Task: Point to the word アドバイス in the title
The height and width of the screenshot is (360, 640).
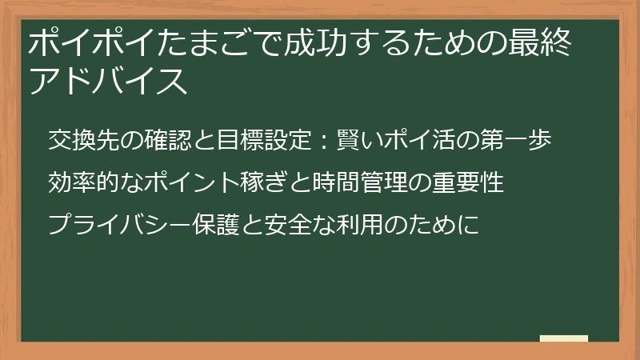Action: point(109,81)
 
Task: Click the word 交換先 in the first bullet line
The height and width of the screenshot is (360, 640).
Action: point(87,142)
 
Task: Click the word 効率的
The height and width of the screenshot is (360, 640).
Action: point(87,183)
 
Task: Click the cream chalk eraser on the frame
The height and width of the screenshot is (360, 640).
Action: point(564,339)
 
